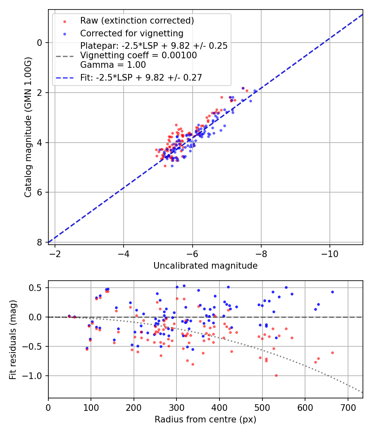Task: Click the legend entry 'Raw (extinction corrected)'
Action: (137, 21)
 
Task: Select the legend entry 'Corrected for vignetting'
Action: (131, 33)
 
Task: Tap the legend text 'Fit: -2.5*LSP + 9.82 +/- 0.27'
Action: (141, 77)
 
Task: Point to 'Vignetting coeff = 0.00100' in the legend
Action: (138, 55)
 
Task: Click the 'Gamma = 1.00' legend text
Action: (113, 65)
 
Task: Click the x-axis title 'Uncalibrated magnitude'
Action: (205, 266)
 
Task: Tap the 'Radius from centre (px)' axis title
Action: (205, 420)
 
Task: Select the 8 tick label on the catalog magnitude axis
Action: (40, 242)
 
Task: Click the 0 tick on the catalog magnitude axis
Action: (40, 43)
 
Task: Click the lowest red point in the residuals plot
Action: (276, 375)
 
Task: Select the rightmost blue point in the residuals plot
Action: (332, 292)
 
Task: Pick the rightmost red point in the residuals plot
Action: (332, 353)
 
